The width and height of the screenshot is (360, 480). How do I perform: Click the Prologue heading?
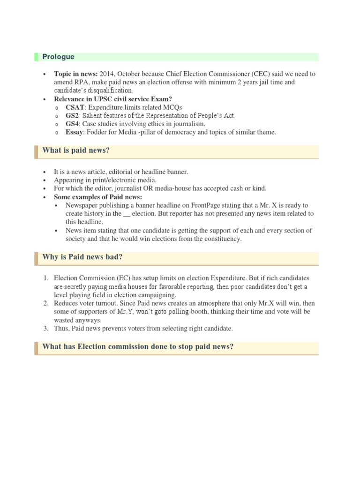pos(58,57)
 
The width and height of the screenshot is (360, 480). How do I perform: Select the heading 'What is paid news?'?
pos(75,150)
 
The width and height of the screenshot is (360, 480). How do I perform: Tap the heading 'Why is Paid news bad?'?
pos(82,257)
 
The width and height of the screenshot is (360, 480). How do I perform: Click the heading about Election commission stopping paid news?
pos(138,347)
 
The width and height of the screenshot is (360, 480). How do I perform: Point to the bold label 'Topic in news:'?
pos(75,74)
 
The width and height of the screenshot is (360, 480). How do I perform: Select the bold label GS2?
pos(73,115)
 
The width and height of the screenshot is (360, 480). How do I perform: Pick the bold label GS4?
pos(73,124)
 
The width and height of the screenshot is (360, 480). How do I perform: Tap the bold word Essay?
pos(74,132)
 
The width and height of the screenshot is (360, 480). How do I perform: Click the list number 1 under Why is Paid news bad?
pos(46,278)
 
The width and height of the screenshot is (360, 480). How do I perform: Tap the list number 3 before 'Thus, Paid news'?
pos(46,329)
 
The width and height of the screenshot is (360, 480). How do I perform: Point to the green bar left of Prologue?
pos(36,57)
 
